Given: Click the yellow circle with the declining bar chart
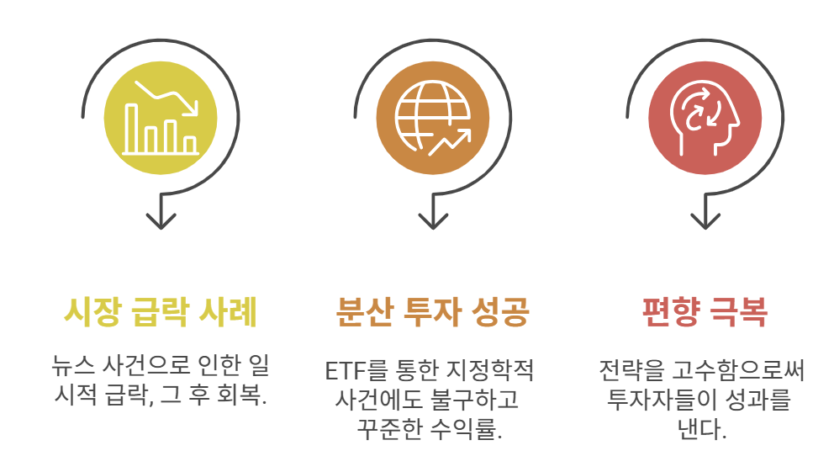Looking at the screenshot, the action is [x=160, y=118].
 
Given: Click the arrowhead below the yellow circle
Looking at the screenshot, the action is [x=160, y=220].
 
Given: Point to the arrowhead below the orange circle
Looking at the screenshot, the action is [x=432, y=220].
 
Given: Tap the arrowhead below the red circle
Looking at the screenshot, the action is [x=705, y=220].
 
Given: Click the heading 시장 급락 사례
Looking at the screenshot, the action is [x=160, y=314].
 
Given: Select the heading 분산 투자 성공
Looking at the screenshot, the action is [x=432, y=314].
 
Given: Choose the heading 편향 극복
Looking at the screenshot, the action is [x=705, y=314].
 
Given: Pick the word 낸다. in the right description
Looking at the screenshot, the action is [x=701, y=429].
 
